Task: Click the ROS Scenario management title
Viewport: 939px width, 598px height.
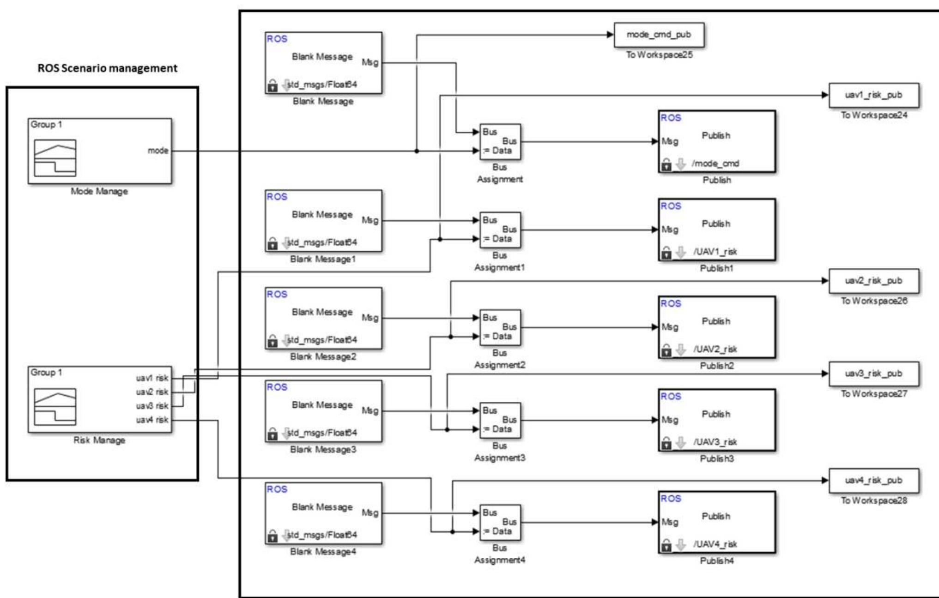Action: [x=107, y=68]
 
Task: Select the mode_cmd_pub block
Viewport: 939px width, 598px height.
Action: [x=659, y=35]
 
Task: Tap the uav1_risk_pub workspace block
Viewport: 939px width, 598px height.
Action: [x=873, y=95]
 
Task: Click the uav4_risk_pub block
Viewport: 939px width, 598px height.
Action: [x=873, y=480]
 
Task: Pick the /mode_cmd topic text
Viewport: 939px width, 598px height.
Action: [x=715, y=163]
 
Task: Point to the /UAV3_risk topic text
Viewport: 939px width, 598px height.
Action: [x=715, y=442]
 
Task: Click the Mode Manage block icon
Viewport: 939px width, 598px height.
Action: [x=55, y=158]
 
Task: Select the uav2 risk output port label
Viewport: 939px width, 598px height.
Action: [x=152, y=392]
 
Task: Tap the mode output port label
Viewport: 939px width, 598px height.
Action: [x=158, y=151]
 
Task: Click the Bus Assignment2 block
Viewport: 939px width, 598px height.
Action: [x=500, y=327]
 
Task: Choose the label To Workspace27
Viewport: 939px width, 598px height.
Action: [x=873, y=394]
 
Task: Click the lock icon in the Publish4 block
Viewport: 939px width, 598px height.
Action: [x=666, y=545]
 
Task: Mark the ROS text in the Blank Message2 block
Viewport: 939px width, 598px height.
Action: [x=277, y=294]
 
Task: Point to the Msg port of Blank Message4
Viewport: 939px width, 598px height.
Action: [x=370, y=513]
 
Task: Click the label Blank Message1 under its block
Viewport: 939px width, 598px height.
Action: [x=323, y=259]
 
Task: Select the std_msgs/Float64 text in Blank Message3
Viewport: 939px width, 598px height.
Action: [x=322, y=433]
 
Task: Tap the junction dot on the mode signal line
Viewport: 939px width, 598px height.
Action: [x=417, y=151]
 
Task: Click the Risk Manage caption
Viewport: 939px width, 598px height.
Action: [x=99, y=440]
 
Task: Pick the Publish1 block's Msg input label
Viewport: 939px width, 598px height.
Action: [x=670, y=230]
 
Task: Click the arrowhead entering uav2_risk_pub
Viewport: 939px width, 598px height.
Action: [x=825, y=280]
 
